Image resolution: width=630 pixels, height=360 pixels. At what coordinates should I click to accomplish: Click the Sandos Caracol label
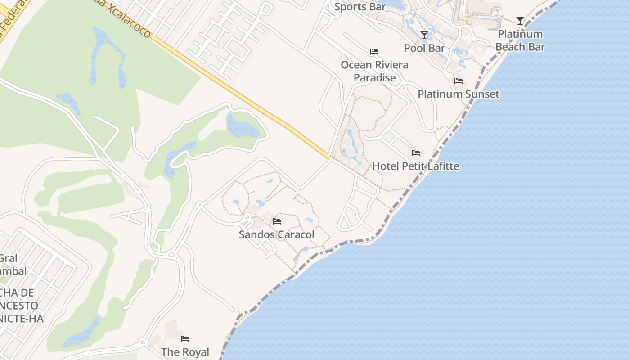point(276,234)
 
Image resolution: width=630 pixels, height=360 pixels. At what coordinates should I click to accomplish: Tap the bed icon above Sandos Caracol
point(277,221)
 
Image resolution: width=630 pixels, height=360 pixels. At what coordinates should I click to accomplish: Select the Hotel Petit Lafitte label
point(416,166)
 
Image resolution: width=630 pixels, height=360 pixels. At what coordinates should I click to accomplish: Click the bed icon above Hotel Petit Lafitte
point(416,153)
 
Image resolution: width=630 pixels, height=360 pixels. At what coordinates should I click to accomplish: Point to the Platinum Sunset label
point(459,94)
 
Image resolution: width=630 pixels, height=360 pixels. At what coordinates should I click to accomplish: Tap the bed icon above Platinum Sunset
point(459,81)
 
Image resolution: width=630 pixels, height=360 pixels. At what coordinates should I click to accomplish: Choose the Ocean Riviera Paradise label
point(374,71)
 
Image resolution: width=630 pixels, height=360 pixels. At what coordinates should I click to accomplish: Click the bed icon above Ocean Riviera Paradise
point(374,52)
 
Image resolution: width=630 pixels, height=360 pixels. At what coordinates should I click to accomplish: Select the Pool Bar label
point(424,48)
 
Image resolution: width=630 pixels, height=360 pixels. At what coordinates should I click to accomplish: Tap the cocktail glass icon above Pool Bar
point(424,35)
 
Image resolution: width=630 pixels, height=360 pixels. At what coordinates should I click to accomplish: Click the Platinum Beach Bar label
point(520,40)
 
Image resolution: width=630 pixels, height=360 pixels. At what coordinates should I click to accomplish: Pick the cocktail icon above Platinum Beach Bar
point(520,21)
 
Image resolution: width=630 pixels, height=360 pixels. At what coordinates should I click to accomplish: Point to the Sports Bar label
point(360,7)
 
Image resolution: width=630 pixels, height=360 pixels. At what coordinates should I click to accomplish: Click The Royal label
point(185,352)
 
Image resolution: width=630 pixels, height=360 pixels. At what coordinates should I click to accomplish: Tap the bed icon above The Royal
point(185,338)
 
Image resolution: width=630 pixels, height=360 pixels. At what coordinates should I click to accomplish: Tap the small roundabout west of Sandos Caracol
point(171,255)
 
